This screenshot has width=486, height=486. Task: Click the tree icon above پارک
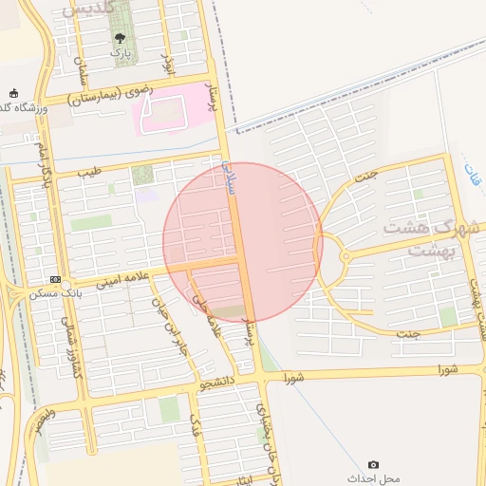pos(120,38)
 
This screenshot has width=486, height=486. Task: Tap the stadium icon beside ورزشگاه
pos(13,93)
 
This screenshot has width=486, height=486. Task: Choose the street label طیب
pos(88,173)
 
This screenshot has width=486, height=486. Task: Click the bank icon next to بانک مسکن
pos(55,279)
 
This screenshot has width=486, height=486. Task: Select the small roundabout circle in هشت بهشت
pos(345,255)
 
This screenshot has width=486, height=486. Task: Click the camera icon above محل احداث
pos(373,464)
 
